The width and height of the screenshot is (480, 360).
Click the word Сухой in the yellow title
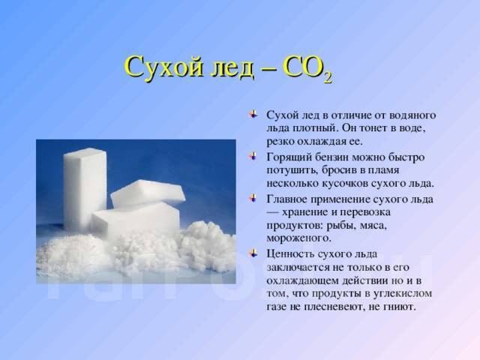click(164, 67)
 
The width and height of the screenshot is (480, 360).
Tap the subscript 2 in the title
click(327, 78)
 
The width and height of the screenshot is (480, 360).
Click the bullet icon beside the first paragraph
click(253, 115)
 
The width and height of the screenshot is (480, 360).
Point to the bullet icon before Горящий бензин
click(253, 157)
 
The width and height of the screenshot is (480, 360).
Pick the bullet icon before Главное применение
click(253, 198)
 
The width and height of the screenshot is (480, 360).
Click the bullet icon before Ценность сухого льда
click(253, 253)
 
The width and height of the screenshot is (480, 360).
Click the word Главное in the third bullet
click(287, 199)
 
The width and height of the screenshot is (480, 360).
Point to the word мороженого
click(298, 238)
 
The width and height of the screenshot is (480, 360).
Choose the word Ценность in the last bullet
click(290, 254)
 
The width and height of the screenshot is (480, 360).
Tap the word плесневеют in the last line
click(333, 307)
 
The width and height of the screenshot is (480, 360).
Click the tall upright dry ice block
click(85, 189)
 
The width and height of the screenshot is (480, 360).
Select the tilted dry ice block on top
click(148, 192)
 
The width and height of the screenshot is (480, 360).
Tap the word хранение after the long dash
click(308, 213)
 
